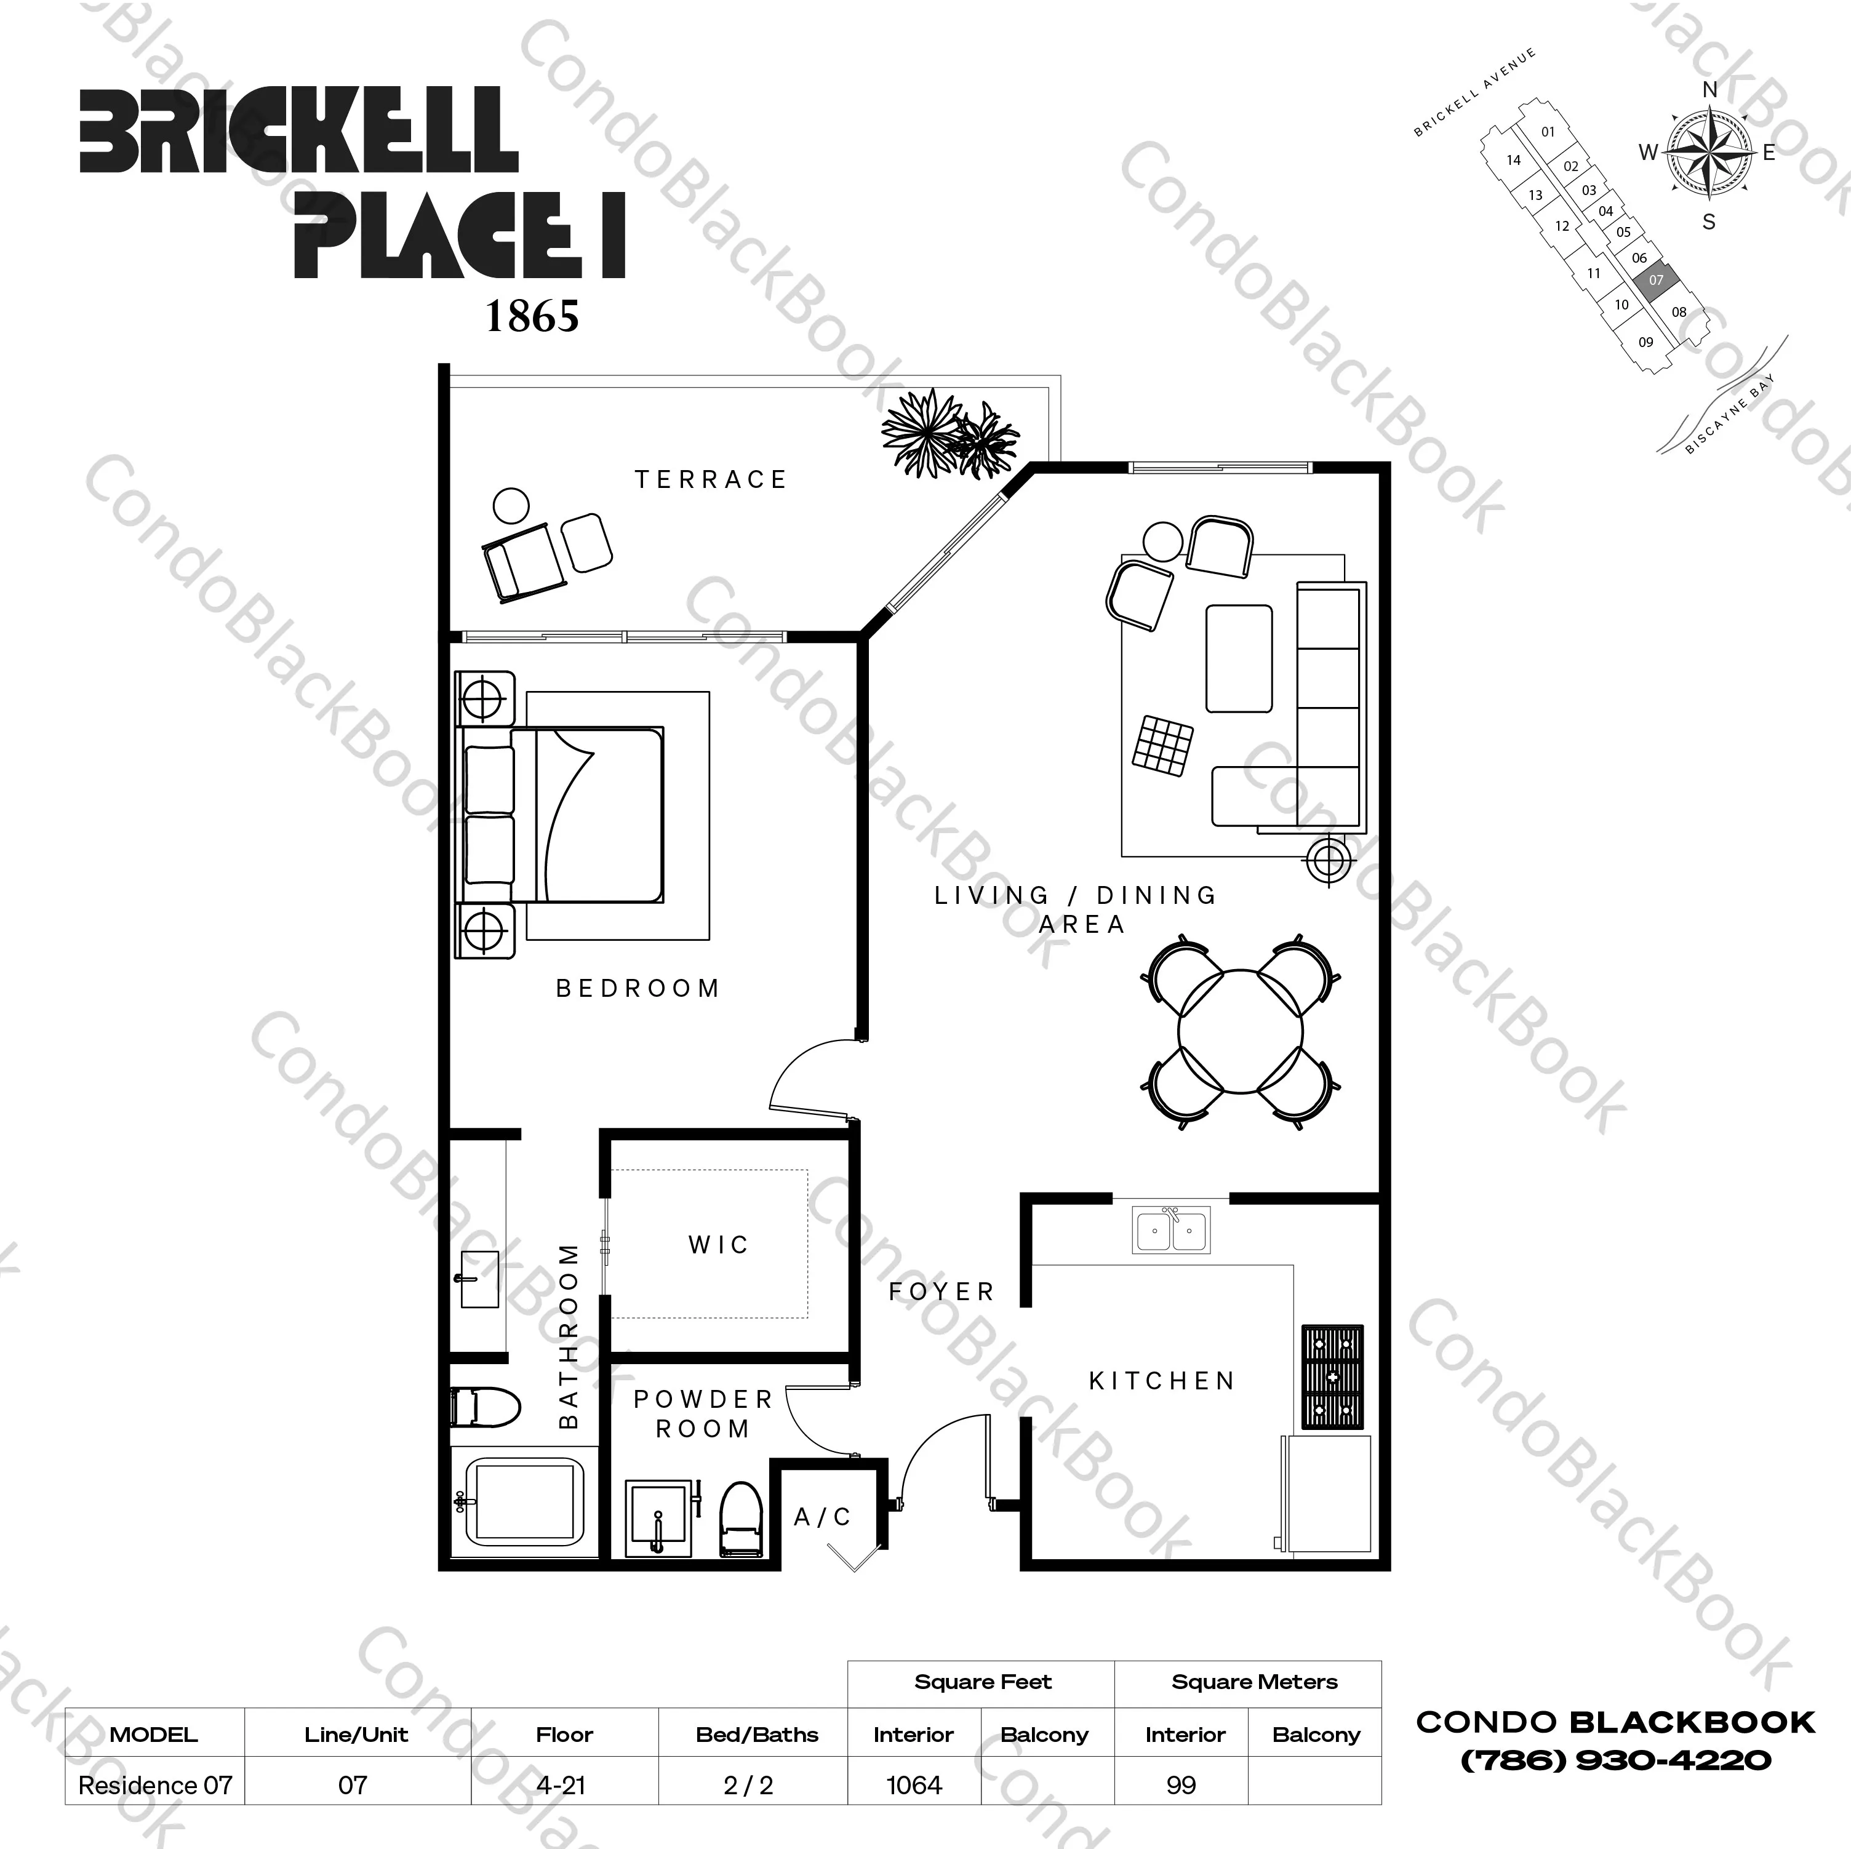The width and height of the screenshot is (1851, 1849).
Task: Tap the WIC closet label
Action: point(718,1245)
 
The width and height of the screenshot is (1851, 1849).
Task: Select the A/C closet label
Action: point(822,1517)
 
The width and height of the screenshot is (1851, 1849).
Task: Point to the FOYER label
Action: point(941,1292)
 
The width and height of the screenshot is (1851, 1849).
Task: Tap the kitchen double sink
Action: point(1171,1229)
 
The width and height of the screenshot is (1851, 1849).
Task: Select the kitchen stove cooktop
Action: point(1332,1376)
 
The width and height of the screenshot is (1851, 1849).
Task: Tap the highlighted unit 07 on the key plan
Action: point(1655,280)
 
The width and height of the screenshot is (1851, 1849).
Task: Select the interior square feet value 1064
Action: point(914,1785)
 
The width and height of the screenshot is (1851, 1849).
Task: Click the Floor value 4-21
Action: point(562,1785)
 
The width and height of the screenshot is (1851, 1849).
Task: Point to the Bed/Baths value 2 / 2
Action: point(748,1785)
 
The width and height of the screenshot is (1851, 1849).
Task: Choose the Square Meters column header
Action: point(1254,1682)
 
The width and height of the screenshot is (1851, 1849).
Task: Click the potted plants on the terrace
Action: point(948,434)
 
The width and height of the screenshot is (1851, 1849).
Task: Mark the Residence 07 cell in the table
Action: point(155,1785)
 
